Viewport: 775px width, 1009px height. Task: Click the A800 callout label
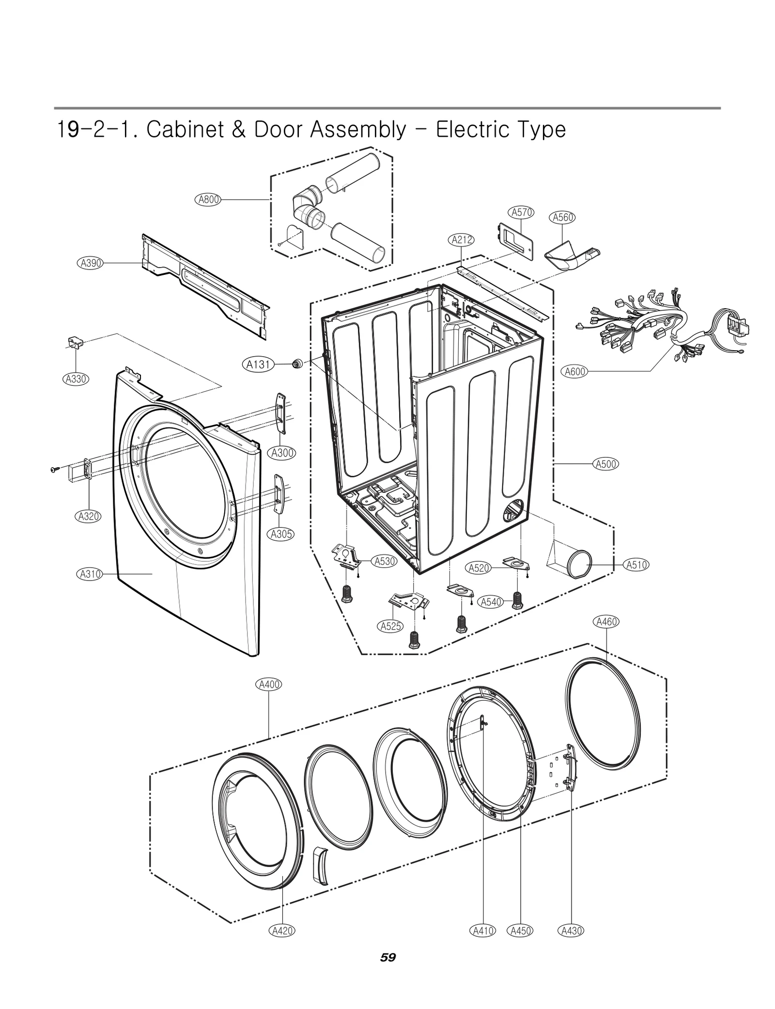tap(209, 199)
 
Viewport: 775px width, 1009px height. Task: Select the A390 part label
tap(91, 263)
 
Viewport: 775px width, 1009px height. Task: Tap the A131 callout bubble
tap(258, 364)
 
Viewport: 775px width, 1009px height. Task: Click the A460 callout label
tap(606, 622)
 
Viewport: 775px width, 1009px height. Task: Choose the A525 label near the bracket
tap(390, 626)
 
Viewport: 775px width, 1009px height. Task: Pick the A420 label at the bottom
tap(282, 930)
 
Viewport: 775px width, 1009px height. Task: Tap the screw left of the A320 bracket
tap(54, 469)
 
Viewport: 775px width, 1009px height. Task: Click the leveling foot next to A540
tap(517, 601)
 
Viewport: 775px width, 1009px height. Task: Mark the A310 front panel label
tap(90, 574)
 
